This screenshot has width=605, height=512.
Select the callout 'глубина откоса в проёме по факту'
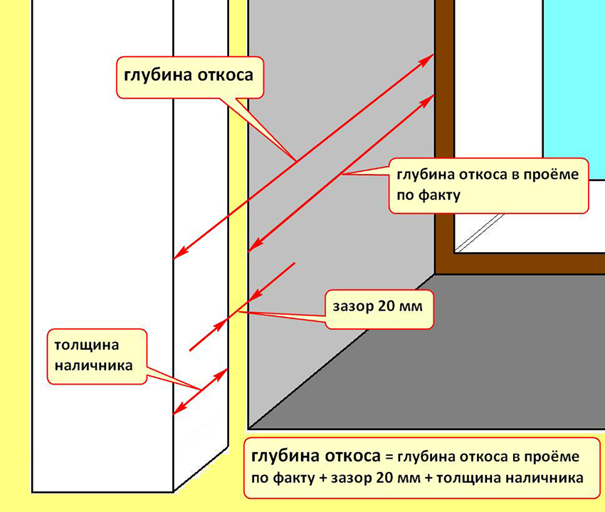click(488, 185)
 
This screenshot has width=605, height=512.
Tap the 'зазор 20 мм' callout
click(378, 308)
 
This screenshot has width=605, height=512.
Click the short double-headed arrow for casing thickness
click(201, 391)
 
